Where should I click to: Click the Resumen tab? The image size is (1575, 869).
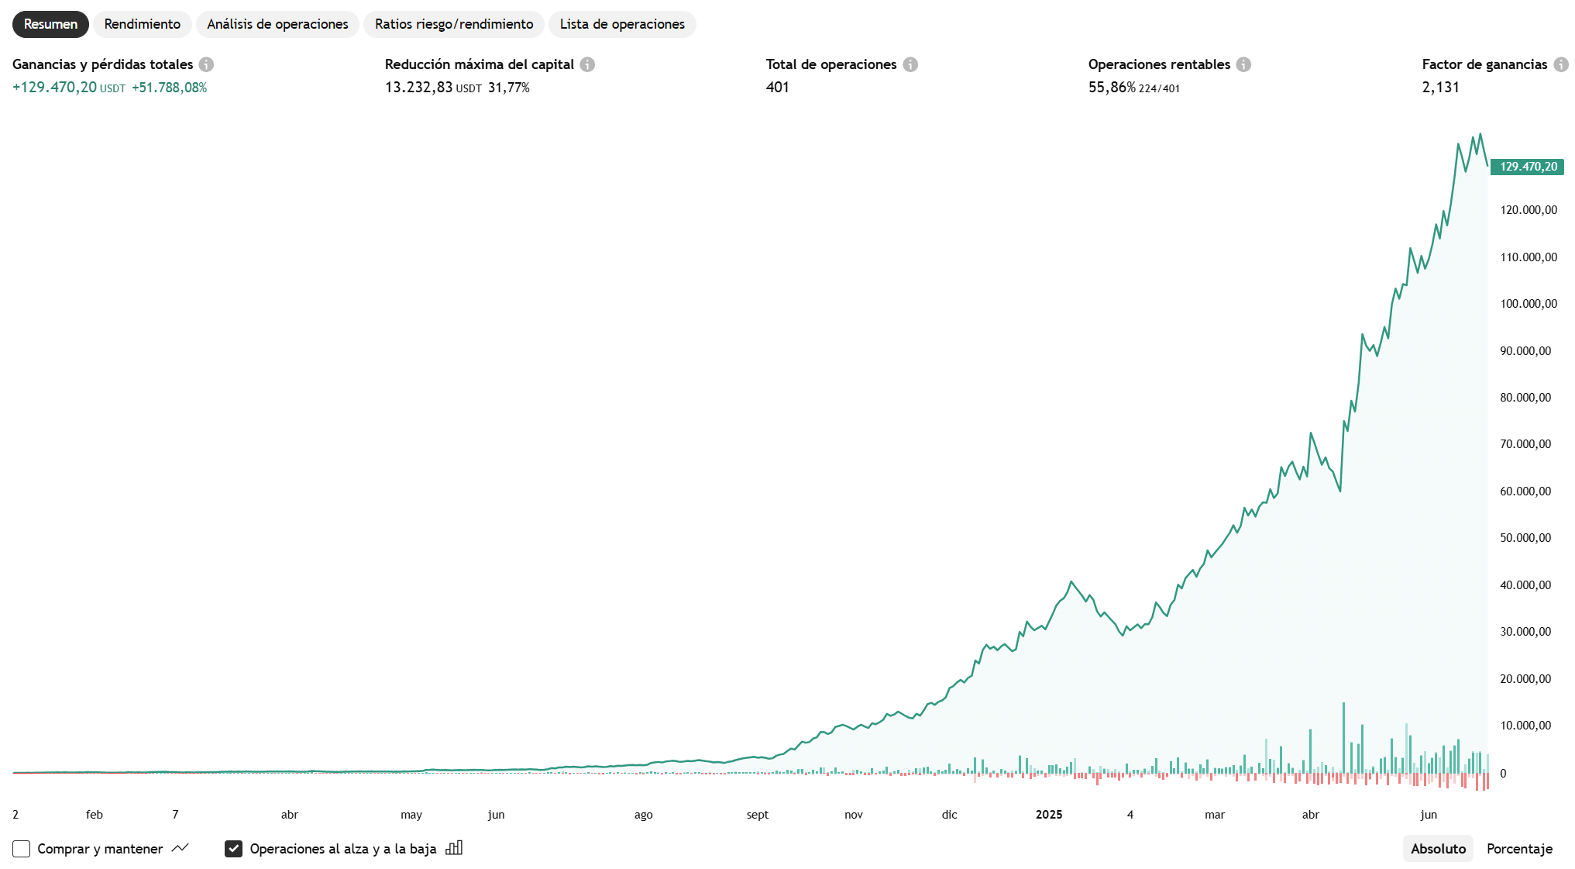point(50,24)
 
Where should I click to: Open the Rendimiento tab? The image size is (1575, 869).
point(143,24)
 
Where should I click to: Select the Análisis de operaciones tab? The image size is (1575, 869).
point(277,24)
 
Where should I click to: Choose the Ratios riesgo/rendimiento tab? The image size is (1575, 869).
point(454,24)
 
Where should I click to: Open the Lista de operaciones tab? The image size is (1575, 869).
point(622,24)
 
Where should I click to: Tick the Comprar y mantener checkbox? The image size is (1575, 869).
point(22,849)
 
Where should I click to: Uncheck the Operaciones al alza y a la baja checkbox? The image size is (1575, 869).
point(233,849)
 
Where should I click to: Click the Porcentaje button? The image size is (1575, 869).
point(1519,849)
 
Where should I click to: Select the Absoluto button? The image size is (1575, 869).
point(1438,849)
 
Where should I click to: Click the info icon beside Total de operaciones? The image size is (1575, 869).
point(910,64)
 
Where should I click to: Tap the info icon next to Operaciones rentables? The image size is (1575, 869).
point(1243,64)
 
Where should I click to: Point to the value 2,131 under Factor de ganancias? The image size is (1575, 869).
point(1440,88)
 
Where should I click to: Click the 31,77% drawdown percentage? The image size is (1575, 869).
point(508,88)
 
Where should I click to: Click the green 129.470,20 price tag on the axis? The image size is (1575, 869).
point(1528,167)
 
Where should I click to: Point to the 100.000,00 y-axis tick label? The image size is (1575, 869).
point(1528,304)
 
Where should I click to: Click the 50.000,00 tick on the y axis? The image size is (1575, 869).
point(1525,538)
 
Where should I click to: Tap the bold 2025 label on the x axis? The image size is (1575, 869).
point(1049,815)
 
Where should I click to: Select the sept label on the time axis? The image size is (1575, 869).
point(758,815)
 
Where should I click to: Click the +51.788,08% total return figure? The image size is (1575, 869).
point(170,88)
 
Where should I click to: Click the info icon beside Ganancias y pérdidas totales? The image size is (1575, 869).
point(206,64)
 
